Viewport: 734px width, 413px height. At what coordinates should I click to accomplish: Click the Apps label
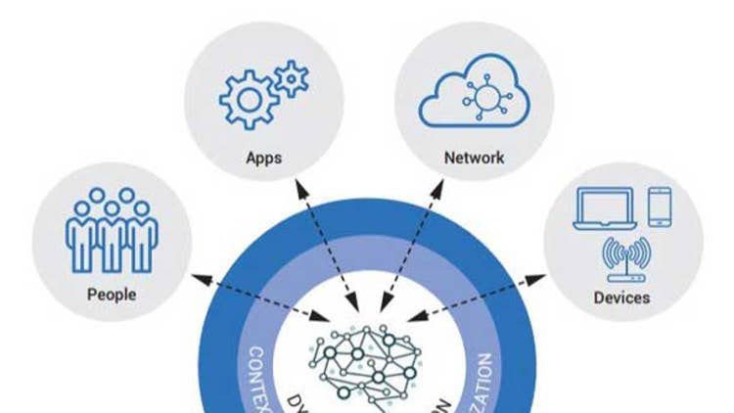point(264,158)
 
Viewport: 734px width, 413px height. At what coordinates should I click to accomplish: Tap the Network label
point(474,158)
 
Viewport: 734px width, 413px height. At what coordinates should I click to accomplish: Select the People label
point(112,294)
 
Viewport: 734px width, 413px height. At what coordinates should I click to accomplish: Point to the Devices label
point(621,297)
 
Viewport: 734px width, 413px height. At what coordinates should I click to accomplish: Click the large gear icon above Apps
point(246,98)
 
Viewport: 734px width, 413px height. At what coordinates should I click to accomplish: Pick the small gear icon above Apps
point(290,77)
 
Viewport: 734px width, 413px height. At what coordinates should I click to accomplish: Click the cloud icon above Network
point(474,94)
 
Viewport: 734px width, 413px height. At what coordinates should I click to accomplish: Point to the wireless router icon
point(624,257)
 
